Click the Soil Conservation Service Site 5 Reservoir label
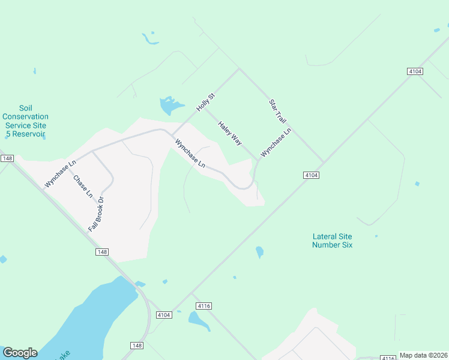(25, 121)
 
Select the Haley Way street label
(230, 133)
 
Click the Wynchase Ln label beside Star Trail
(276, 143)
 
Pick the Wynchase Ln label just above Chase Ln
(61, 173)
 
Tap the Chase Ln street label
(83, 186)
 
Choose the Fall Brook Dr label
(97, 214)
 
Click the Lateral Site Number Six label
(332, 241)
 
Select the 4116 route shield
(203, 306)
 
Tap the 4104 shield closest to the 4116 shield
(164, 314)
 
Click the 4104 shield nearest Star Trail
(310, 175)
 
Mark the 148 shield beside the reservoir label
(7, 158)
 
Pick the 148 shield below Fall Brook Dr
(101, 252)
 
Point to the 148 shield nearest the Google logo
(137, 346)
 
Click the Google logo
(20, 353)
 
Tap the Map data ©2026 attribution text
(423, 355)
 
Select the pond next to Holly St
(170, 106)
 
